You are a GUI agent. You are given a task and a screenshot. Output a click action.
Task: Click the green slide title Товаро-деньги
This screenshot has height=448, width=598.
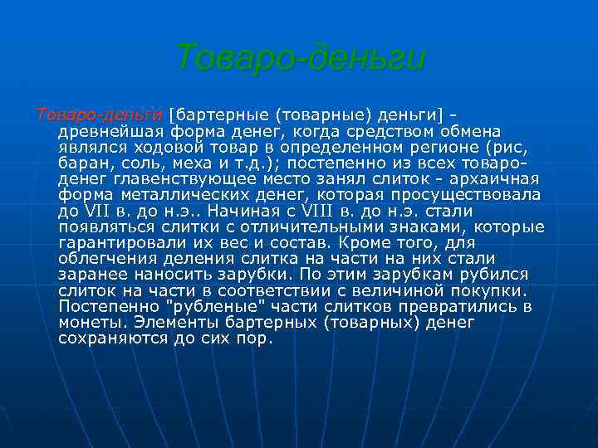click(300, 58)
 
